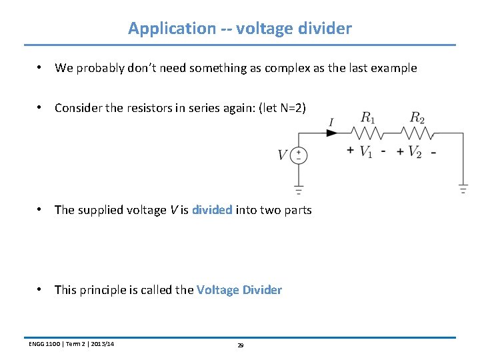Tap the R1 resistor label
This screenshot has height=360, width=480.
coord(367,118)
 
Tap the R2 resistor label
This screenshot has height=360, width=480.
coord(417,118)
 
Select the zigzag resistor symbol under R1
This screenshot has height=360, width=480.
coord(367,133)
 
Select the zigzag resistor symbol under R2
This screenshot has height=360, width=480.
coord(417,133)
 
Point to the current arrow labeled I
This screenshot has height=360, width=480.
coord(331,133)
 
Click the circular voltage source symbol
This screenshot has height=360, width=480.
coord(299,155)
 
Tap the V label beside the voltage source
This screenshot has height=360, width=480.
coord(283,155)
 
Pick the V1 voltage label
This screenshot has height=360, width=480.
coord(366,152)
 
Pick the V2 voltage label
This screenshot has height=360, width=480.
coord(415,152)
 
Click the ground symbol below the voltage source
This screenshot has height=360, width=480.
coord(299,189)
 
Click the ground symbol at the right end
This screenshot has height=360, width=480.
coord(463,188)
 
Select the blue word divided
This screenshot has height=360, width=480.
coord(212,210)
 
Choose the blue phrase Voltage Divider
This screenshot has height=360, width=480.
coord(239,290)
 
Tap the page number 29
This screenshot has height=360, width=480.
coord(241,345)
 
